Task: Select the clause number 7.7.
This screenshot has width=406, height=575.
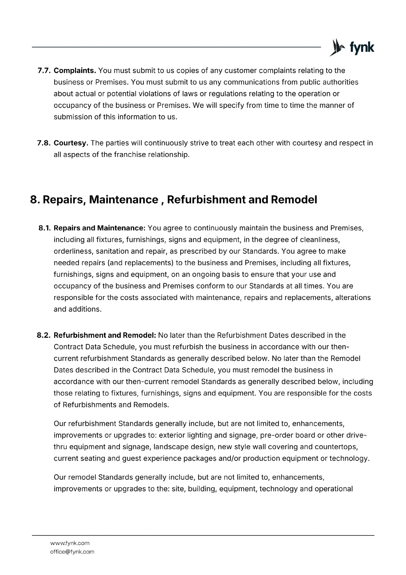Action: (x=45, y=70)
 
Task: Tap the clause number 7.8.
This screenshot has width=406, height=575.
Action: (x=45, y=143)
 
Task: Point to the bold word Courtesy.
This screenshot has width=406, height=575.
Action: (x=71, y=143)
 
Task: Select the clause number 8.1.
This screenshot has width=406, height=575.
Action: (x=45, y=228)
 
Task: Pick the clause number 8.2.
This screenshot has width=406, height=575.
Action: (x=45, y=335)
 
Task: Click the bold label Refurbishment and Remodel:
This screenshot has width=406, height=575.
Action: (x=105, y=335)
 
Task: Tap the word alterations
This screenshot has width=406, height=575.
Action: (x=353, y=298)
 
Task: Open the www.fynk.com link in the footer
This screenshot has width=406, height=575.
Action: (x=70, y=543)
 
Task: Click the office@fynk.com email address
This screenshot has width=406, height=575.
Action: (x=72, y=552)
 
